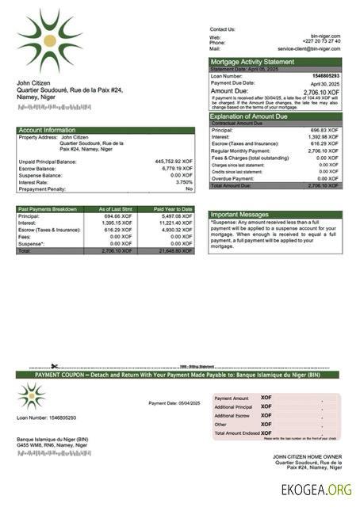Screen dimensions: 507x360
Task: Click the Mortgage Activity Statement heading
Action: [x=251, y=62]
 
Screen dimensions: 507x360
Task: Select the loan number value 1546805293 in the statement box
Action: [x=325, y=76]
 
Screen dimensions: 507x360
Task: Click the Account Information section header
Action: [x=47, y=130]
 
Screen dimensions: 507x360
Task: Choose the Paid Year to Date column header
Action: [x=173, y=209]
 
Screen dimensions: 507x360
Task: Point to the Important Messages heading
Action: [x=240, y=215]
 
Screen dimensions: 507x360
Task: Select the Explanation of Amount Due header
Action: [x=252, y=116]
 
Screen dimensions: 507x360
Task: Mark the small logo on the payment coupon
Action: [x=32, y=395]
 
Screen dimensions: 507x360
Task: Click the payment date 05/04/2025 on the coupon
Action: [x=186, y=404]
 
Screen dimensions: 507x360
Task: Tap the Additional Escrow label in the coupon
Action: [x=232, y=415]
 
